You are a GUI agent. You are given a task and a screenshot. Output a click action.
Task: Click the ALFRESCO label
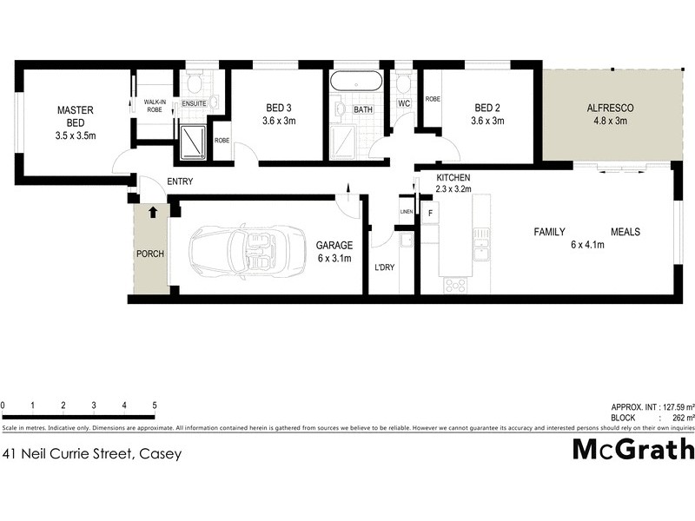tap(610, 108)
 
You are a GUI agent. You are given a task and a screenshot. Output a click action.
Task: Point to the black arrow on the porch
tap(153, 211)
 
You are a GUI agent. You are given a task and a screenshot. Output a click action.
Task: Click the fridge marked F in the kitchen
tap(430, 212)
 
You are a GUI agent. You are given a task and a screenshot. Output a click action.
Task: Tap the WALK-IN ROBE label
tap(155, 106)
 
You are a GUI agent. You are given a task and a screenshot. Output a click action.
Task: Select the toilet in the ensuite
tap(194, 84)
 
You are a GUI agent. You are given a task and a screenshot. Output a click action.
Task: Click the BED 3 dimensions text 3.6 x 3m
tap(279, 122)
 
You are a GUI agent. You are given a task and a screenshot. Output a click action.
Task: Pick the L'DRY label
tap(384, 267)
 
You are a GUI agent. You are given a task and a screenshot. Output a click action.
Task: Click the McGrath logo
tap(633, 450)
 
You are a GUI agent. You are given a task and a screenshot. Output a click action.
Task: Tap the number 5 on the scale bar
tap(155, 406)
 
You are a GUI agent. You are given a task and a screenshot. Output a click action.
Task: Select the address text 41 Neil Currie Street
tap(92, 453)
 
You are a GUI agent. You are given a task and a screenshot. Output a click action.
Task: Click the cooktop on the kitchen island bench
tap(455, 284)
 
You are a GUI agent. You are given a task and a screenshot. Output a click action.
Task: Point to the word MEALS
tap(625, 232)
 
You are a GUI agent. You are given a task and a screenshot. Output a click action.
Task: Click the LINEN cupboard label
tap(406, 212)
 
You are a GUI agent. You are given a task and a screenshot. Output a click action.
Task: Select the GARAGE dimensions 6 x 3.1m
tap(334, 259)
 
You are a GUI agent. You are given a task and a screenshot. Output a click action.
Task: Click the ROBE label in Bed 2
tap(433, 99)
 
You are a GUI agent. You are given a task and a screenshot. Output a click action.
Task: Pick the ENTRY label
tap(179, 181)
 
